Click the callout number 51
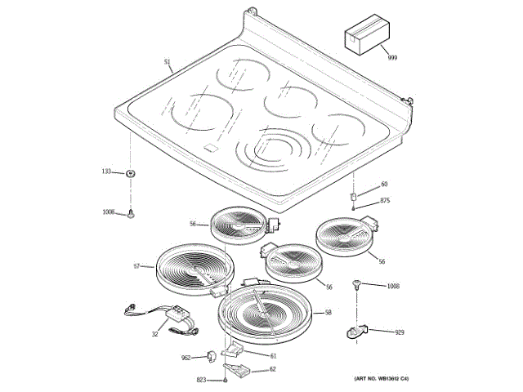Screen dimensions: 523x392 coord(167,62)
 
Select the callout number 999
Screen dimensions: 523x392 coord(391,58)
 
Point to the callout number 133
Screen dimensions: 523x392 coord(106,171)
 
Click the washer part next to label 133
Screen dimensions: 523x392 coord(130,173)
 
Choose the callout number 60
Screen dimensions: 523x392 coord(384,184)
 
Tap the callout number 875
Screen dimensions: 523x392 coord(385,201)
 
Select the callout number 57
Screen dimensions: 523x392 coord(137,267)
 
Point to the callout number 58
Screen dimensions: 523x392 coord(328,313)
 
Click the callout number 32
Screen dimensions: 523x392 coord(154,334)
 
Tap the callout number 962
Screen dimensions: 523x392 coord(186,358)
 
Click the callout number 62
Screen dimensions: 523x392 coord(272,369)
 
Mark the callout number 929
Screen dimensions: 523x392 coord(400,333)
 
